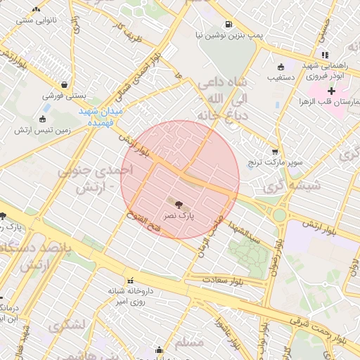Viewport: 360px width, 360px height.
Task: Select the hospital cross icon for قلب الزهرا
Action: [x=331, y=91]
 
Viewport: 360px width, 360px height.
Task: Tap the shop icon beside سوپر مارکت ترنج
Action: [x=274, y=151]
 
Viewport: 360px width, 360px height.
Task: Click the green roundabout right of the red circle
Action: [x=280, y=214]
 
